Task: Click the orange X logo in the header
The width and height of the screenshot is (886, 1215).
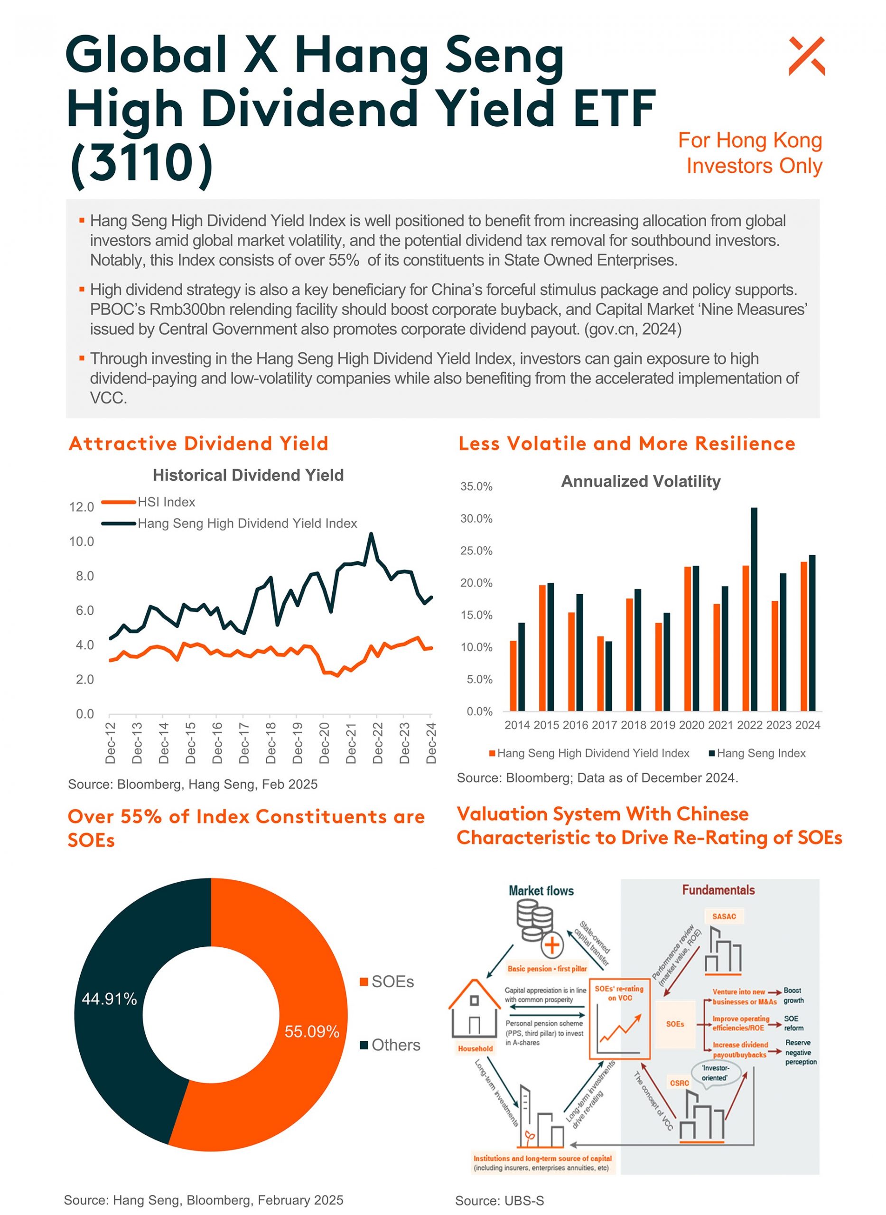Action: coord(806,56)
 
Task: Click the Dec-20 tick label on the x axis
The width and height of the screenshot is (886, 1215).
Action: coord(325,743)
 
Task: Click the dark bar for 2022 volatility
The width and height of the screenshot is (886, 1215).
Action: coord(754,609)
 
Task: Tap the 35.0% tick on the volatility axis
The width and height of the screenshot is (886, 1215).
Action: coord(476,487)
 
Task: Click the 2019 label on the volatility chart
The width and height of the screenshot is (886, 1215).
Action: coord(662,725)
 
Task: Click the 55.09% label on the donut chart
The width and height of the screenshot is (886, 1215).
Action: coord(312,1031)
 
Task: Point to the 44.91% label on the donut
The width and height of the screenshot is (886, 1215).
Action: coord(110,999)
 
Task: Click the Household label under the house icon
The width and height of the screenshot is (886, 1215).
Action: coord(475,1049)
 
